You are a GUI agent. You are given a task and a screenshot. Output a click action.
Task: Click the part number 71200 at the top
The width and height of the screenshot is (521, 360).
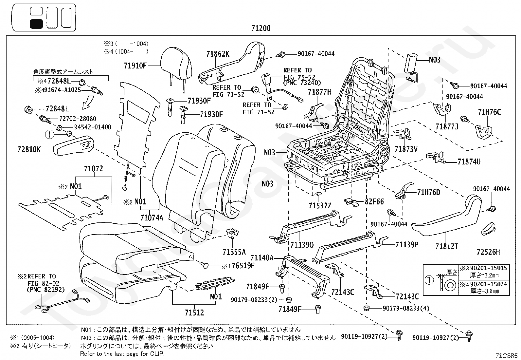pyautogui.click(x=261, y=28)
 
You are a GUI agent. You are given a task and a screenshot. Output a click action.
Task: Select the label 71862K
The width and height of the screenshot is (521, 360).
pyautogui.click(x=218, y=54)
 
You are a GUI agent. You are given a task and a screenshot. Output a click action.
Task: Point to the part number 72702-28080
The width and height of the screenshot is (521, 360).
pyautogui.click(x=78, y=119)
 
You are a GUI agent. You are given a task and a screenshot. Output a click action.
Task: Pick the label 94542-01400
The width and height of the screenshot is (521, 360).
pyautogui.click(x=93, y=127)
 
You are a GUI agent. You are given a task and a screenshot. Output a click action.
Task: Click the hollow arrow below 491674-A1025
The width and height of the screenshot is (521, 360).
pyautogui.click(x=88, y=103)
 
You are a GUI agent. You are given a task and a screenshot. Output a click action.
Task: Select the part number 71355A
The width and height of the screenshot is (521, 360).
pyautogui.click(x=234, y=252)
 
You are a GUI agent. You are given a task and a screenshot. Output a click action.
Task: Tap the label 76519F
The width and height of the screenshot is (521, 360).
pyautogui.click(x=243, y=265)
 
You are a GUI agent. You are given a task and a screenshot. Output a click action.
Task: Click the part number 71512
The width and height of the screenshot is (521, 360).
pyautogui.click(x=194, y=313)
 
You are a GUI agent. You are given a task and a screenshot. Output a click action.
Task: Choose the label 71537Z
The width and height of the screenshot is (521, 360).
pyautogui.click(x=320, y=206)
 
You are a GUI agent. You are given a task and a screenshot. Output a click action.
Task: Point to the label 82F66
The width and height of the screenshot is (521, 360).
pyautogui.click(x=374, y=201)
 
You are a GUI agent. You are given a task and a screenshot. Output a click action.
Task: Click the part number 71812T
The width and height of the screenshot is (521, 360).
pyautogui.click(x=447, y=246)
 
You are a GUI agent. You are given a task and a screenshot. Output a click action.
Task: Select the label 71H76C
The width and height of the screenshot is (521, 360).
pyautogui.click(x=489, y=112)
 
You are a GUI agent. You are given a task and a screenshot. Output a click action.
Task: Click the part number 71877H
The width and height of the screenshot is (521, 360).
pyautogui.click(x=319, y=92)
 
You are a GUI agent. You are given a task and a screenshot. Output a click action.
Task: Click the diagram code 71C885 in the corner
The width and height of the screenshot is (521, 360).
pyautogui.click(x=506, y=355)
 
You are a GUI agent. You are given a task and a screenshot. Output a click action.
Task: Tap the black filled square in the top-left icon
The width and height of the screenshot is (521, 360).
pyautogui.click(x=36, y=24)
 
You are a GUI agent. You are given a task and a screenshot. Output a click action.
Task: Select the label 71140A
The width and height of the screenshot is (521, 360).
pyautogui.click(x=262, y=258)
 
